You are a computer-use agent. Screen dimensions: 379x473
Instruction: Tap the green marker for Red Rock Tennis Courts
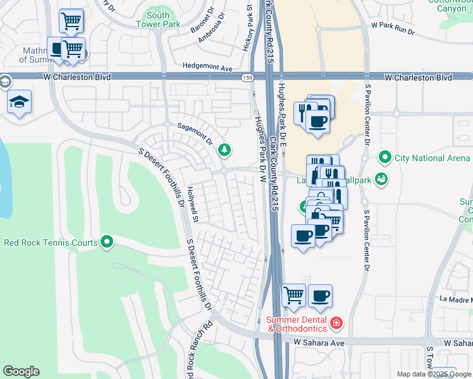point(107,241)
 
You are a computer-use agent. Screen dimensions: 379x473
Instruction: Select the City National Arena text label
point(432,158)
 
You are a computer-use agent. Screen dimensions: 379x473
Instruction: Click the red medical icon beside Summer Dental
point(336,323)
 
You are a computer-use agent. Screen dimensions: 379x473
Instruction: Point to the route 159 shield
point(247,77)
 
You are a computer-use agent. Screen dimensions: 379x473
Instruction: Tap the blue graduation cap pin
point(20,102)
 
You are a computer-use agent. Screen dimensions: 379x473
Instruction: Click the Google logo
point(21,371)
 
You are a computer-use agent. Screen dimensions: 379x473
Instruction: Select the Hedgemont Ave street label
point(207,66)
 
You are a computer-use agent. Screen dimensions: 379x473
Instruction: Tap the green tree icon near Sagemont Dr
point(223,150)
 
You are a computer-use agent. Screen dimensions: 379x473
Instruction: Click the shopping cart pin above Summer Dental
point(293,294)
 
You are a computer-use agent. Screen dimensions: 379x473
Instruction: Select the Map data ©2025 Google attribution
point(433,374)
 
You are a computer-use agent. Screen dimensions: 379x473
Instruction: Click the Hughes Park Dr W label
point(259,148)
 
